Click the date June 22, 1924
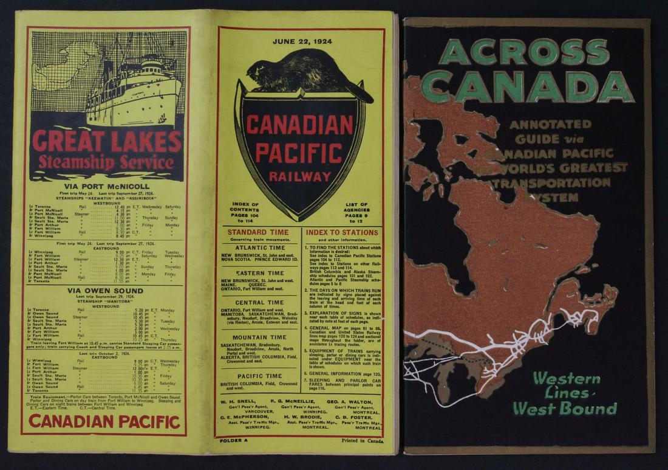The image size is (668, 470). coord(300,42)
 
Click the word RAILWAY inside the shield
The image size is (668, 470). coord(301,177)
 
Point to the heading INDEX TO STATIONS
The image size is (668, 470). coord(342,232)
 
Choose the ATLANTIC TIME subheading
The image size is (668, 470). coord(260,247)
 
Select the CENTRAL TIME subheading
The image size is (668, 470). coord(259,302)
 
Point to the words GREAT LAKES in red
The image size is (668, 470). coord(107,141)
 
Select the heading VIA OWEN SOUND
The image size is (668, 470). coord(106,291)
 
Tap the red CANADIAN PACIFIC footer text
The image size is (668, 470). coord(104,421)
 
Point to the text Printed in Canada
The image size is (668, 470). coord(363,441)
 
